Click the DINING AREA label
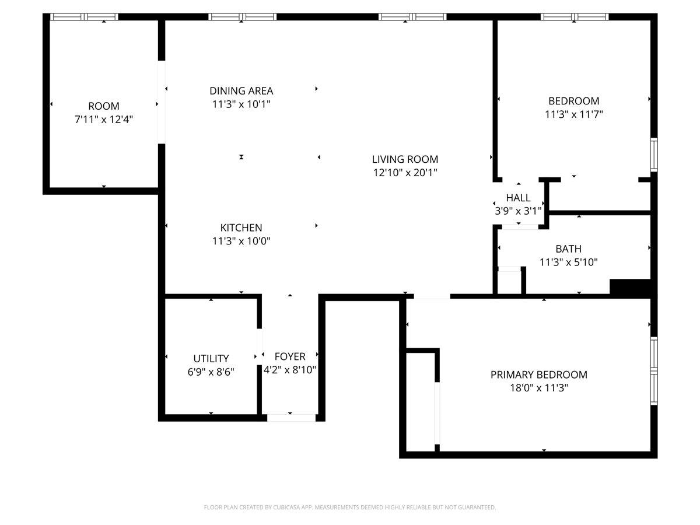click(x=241, y=91)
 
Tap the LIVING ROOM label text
click(x=405, y=159)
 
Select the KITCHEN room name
click(x=241, y=228)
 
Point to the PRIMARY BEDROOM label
click(x=538, y=374)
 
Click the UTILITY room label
click(x=211, y=359)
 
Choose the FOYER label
click(x=289, y=356)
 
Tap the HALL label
click(x=518, y=198)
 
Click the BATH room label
click(x=568, y=249)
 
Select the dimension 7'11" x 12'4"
click(x=104, y=120)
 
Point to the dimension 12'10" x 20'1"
click(x=405, y=173)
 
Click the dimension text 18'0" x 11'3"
click(x=539, y=388)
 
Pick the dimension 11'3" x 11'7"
click(x=574, y=114)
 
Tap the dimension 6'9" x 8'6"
click(x=211, y=372)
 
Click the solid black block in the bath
click(x=630, y=287)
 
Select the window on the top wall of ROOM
click(x=84, y=17)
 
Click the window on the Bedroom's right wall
click(x=654, y=155)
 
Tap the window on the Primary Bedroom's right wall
click(x=654, y=371)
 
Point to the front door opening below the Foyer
click(x=291, y=418)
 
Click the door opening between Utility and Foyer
click(x=259, y=347)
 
